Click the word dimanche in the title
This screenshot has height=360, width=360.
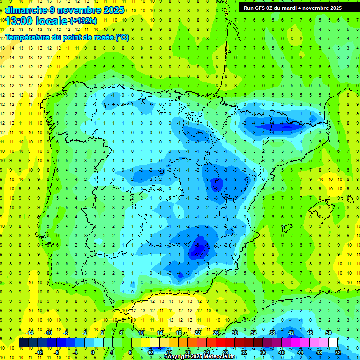[x=26, y=10]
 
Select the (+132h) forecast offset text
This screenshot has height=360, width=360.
[x=83, y=21]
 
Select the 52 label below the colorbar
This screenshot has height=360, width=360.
[x=337, y=352]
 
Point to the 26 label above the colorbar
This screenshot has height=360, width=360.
[x=216, y=333]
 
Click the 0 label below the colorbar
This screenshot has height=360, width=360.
[x=93, y=352]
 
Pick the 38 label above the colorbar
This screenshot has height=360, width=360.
[x=272, y=333]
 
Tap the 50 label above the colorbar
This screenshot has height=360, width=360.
[x=329, y=333]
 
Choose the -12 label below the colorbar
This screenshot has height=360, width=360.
[x=39, y=352]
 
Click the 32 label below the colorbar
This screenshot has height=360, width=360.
[x=244, y=352]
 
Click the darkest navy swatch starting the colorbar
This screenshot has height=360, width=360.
[x=23, y=343]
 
